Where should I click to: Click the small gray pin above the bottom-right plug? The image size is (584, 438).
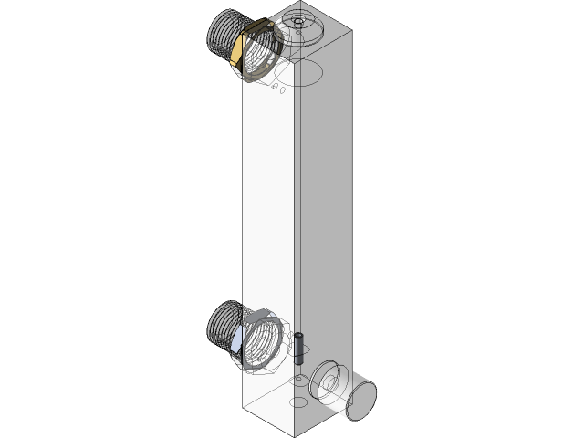(x=299, y=337)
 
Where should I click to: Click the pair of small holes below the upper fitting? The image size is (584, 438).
(x=278, y=89)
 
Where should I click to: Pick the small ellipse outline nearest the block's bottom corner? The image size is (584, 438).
(x=297, y=401)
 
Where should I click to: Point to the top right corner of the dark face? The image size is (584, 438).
(x=352, y=40)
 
